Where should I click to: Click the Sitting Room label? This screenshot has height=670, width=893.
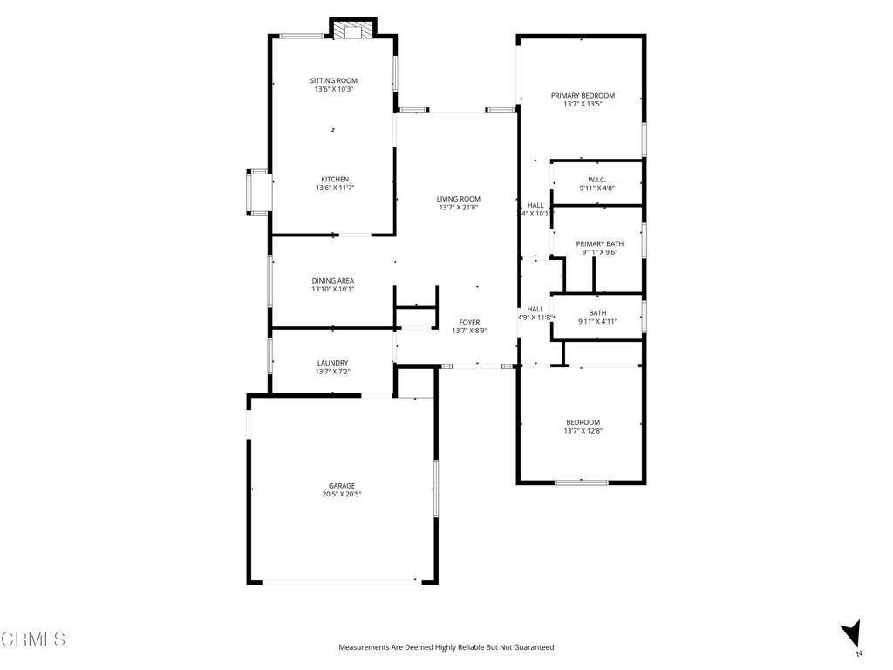(334, 80)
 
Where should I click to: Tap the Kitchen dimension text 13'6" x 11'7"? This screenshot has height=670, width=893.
(334, 188)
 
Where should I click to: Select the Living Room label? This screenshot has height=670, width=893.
(459, 199)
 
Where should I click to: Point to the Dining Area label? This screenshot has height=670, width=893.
(333, 280)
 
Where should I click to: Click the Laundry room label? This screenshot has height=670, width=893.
(332, 363)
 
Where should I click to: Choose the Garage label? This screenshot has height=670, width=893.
(342, 486)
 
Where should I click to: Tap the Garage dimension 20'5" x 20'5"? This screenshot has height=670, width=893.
(342, 495)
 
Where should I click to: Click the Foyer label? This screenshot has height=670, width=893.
(469, 322)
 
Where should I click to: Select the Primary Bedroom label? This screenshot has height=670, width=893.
(583, 95)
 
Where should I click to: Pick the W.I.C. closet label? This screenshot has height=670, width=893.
(596, 180)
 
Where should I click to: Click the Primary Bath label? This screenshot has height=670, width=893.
(599, 243)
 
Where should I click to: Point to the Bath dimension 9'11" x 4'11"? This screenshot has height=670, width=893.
(597, 321)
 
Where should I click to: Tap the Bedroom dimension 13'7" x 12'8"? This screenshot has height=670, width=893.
(583, 431)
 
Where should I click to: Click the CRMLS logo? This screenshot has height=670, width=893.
(33, 639)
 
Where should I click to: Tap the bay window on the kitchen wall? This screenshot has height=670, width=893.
(259, 193)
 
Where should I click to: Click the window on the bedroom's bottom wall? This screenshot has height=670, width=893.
(582, 482)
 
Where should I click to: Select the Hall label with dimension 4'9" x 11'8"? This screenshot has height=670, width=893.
(535, 309)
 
